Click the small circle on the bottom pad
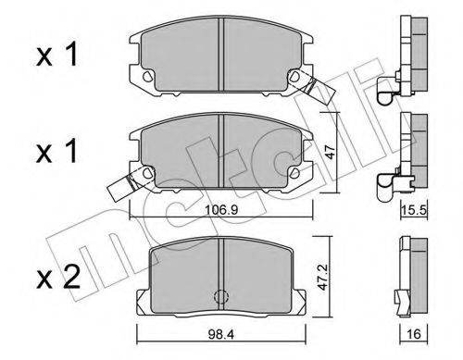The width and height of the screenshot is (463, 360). click(x=221, y=297)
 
